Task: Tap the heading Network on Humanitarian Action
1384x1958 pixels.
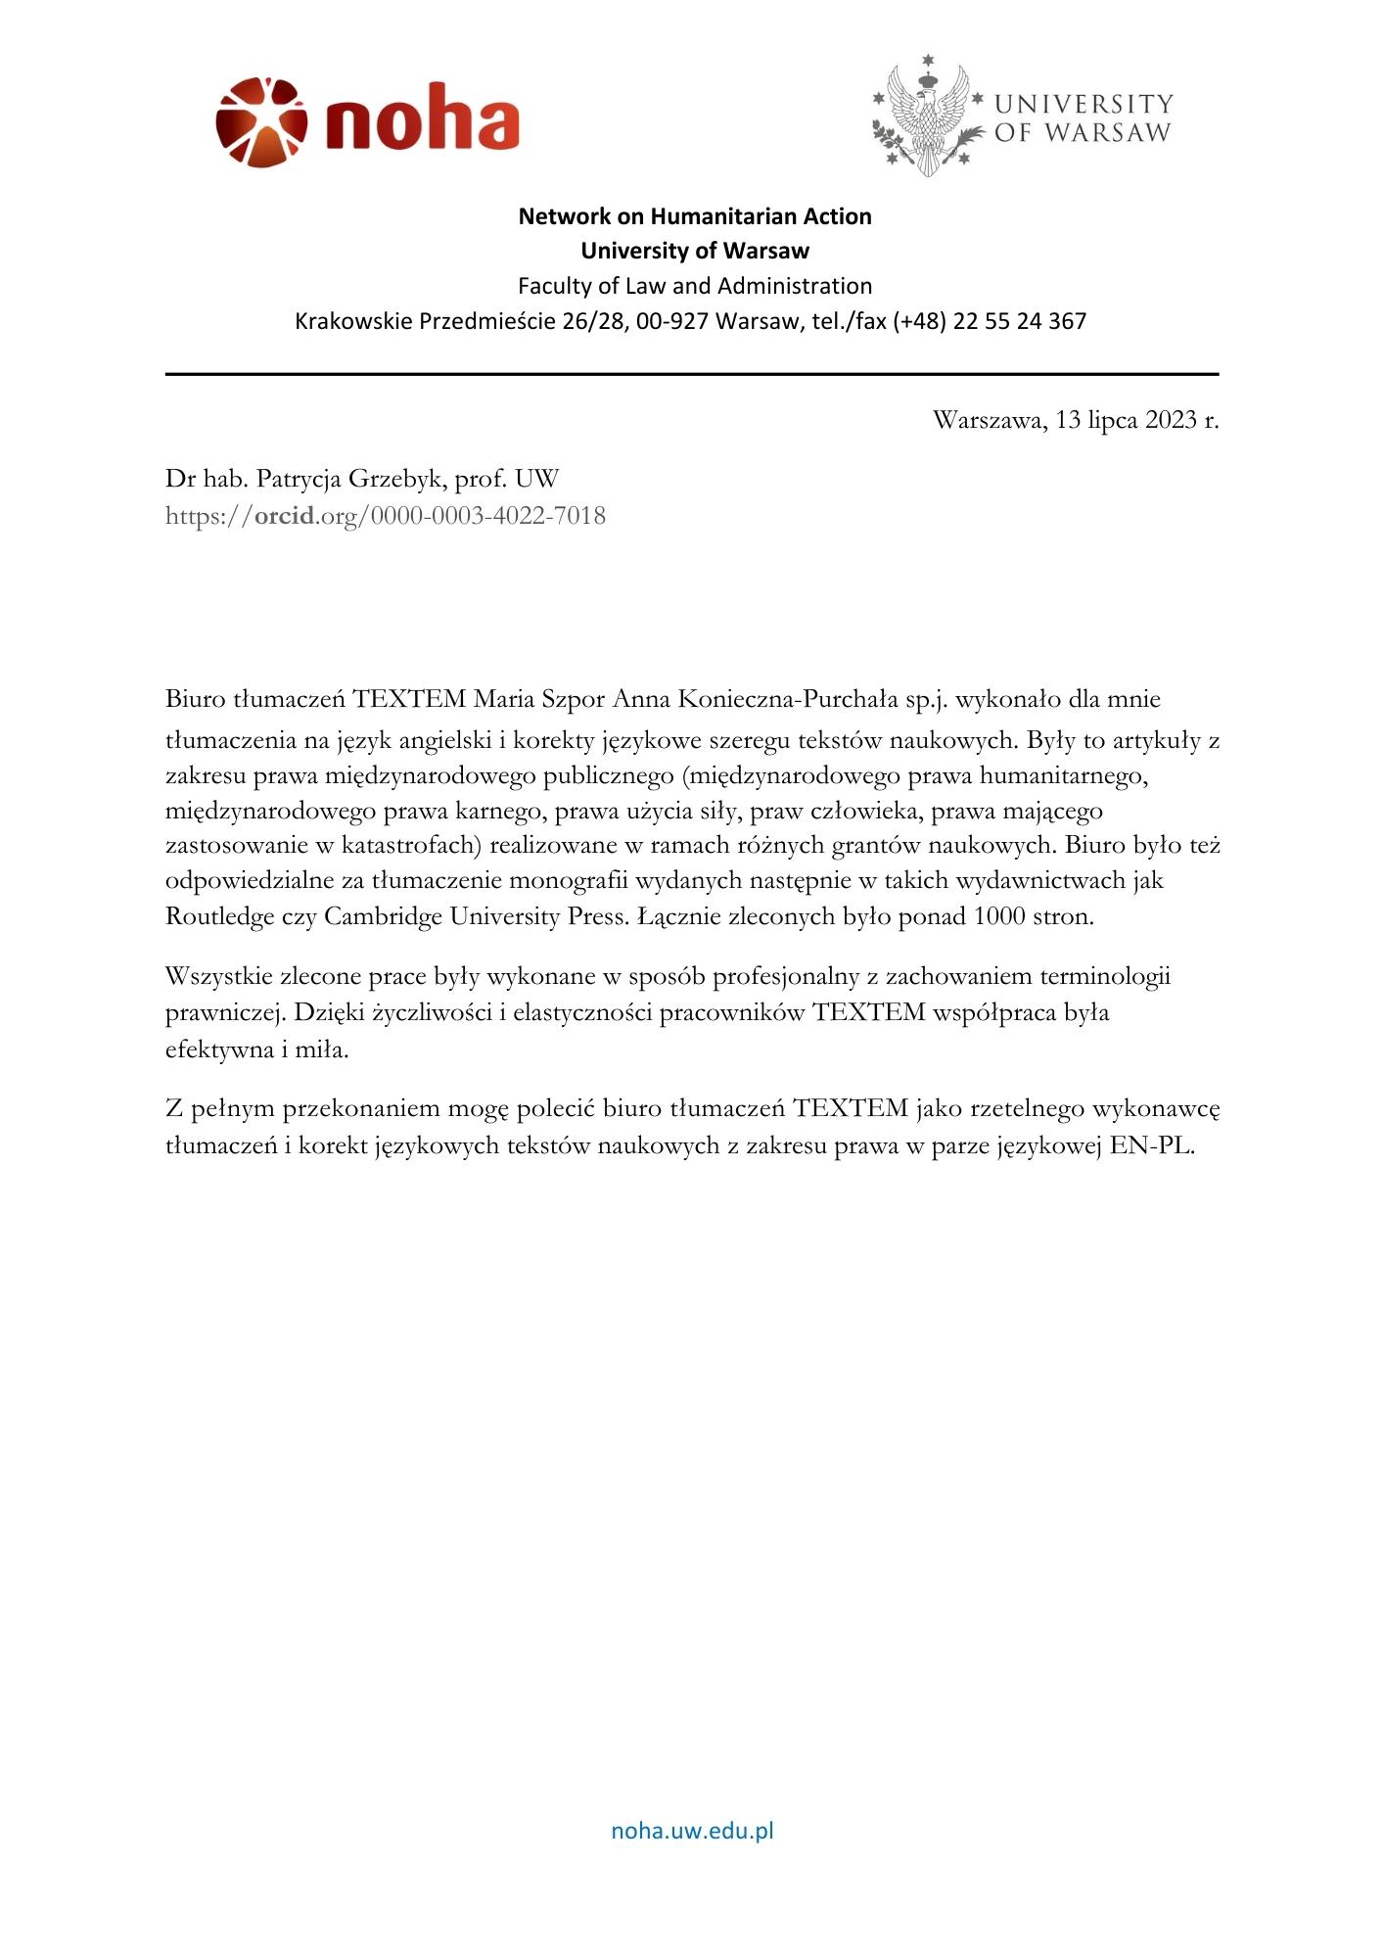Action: pyautogui.click(x=694, y=216)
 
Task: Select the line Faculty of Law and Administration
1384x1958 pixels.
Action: pyautogui.click(x=694, y=286)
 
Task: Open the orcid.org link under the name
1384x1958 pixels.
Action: pyautogui.click(x=386, y=515)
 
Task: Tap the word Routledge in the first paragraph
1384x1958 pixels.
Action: pyautogui.click(x=217, y=917)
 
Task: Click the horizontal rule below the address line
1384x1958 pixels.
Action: pyautogui.click(x=692, y=374)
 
